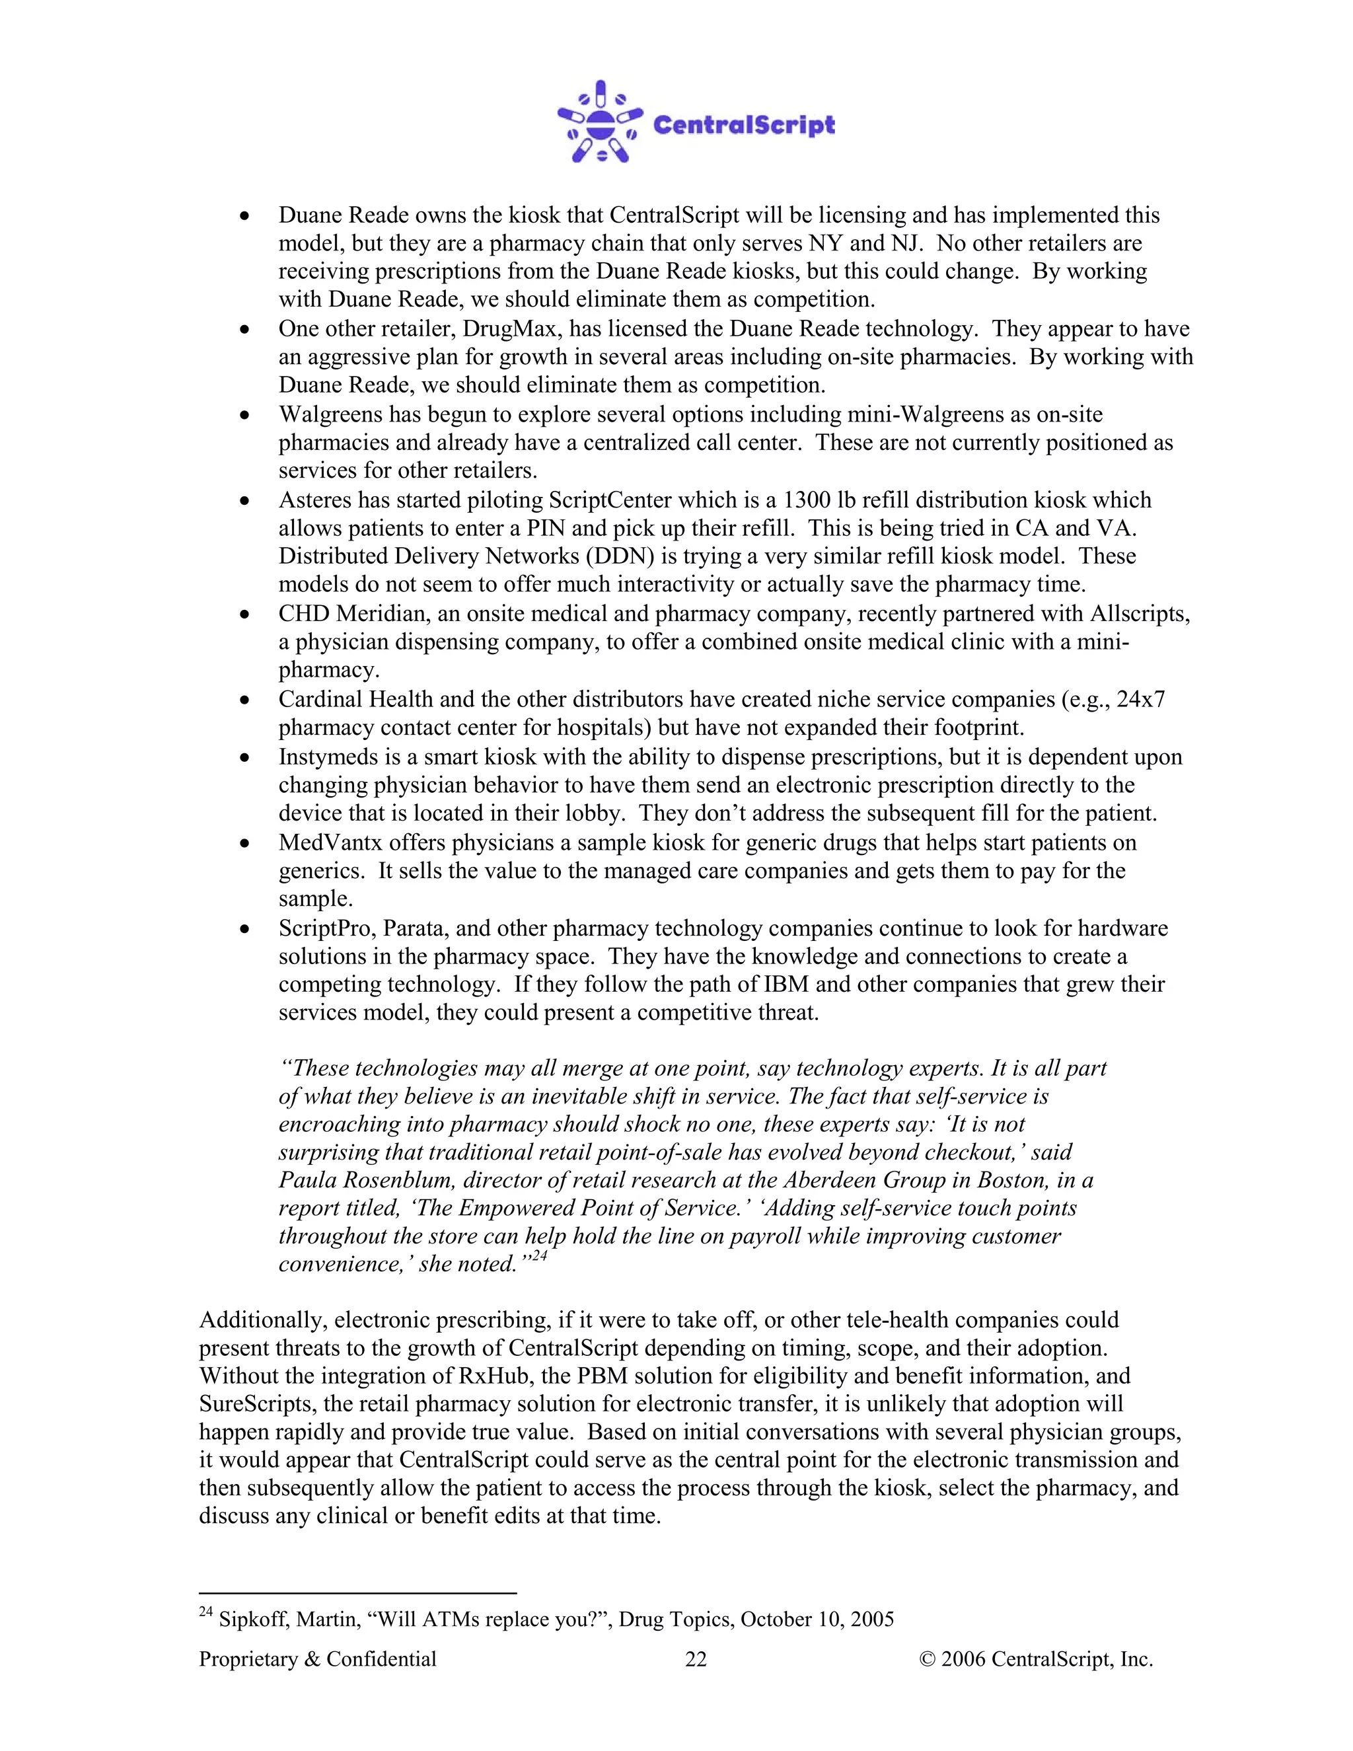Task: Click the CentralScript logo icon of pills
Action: coord(600,123)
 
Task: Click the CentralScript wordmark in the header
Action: coord(744,125)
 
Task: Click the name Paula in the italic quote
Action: coord(308,1180)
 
